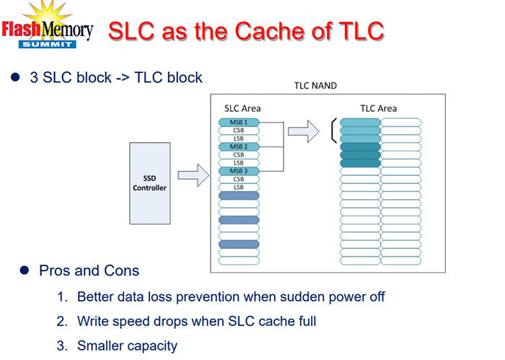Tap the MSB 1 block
pos(238,122)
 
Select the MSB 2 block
pos(238,146)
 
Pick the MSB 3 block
pos(238,171)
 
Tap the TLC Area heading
pos(379,108)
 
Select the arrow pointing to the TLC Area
pos(303,131)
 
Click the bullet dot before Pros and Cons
pos(24,271)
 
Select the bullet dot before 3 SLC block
pos(15,77)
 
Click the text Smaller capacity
pos(127,346)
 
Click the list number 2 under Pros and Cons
pos(63,321)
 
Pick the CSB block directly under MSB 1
pos(238,131)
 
